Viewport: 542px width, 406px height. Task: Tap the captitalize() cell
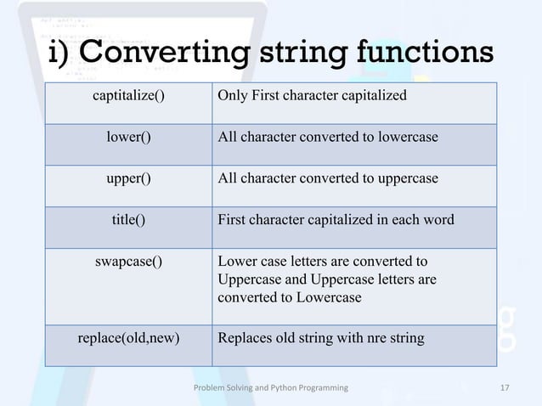(x=128, y=94)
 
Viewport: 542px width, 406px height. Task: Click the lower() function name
(x=128, y=136)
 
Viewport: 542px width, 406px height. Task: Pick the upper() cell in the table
(x=128, y=178)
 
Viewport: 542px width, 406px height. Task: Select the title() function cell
(x=128, y=220)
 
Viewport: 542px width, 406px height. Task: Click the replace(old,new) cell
(x=128, y=337)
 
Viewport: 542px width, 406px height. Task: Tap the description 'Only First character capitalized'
(x=312, y=94)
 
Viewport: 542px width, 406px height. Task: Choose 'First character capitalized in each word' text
(x=336, y=220)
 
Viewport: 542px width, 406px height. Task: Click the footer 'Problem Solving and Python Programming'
(x=271, y=388)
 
